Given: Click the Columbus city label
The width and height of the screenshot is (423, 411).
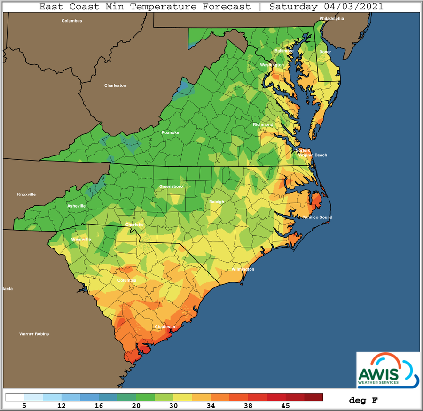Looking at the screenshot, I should point(72,21).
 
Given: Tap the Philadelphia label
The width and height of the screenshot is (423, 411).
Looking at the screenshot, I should point(332,18).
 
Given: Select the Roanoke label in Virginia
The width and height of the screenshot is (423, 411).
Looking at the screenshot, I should point(170,132).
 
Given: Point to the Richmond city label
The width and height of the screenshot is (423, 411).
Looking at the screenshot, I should point(263,124).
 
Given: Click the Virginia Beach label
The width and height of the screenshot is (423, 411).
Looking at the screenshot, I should point(312,155).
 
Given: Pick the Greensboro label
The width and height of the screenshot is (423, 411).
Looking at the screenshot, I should point(171,186).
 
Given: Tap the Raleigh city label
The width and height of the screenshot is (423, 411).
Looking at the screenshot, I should point(217,202).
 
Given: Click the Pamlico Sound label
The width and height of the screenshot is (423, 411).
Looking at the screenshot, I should point(317,217).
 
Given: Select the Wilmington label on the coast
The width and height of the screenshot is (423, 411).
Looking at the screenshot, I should point(243,269).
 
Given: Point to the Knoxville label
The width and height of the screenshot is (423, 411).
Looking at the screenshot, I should point(26,194).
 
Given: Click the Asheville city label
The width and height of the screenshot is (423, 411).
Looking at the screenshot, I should point(76,206).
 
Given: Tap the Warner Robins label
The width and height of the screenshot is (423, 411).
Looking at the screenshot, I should point(34,334).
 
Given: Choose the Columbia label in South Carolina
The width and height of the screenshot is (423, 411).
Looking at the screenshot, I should point(126,280).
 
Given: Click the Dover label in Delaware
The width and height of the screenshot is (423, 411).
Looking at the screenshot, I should point(325,52).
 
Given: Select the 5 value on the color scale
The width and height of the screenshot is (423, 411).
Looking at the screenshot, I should point(23,404).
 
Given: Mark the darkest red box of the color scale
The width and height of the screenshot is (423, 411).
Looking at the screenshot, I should point(313,397).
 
